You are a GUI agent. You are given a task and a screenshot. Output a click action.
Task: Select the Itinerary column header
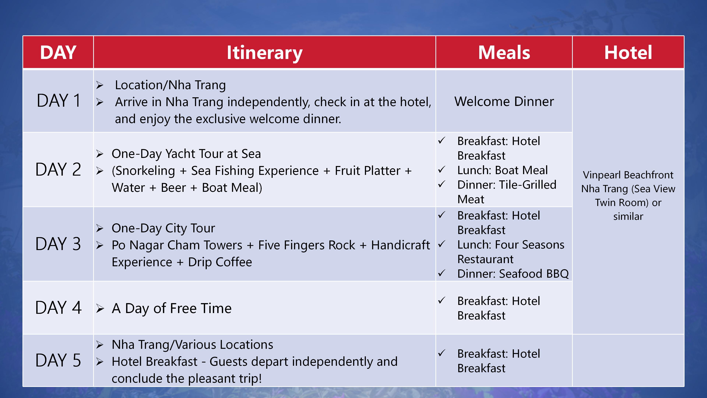[x=264, y=53]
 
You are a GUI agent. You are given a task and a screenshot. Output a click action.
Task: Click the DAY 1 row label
[x=59, y=101]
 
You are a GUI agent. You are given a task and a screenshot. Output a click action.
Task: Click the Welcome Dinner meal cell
[x=504, y=101]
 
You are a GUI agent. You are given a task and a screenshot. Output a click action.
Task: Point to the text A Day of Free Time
[x=172, y=308]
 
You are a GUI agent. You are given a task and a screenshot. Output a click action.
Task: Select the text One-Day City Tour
[x=163, y=228]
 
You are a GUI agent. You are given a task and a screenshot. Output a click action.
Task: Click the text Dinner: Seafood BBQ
[x=513, y=274]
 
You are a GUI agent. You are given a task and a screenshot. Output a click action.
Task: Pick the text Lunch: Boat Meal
[x=502, y=170]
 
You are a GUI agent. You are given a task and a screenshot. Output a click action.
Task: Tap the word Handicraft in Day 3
[x=400, y=245]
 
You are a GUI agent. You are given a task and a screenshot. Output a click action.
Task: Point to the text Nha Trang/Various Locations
[x=192, y=345]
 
